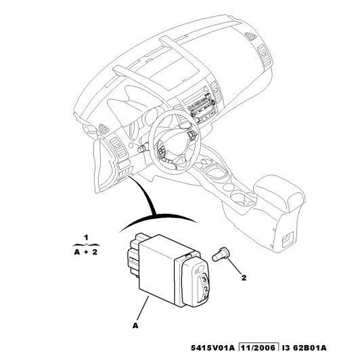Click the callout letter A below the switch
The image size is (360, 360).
click(135, 325)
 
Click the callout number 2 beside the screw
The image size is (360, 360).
click(244, 277)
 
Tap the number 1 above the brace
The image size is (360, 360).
click(86, 237)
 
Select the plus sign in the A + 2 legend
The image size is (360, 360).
click(86, 252)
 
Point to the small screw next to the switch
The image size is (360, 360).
click(219, 254)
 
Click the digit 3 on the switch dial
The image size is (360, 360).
click(204, 280)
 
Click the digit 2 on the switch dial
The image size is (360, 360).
click(206, 289)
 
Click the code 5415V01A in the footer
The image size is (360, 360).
click(213, 348)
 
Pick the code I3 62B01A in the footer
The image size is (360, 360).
click(305, 348)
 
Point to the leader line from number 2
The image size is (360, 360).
click(234, 267)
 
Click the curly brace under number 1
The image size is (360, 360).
click(86, 244)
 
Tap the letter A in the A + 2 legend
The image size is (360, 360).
click(77, 252)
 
